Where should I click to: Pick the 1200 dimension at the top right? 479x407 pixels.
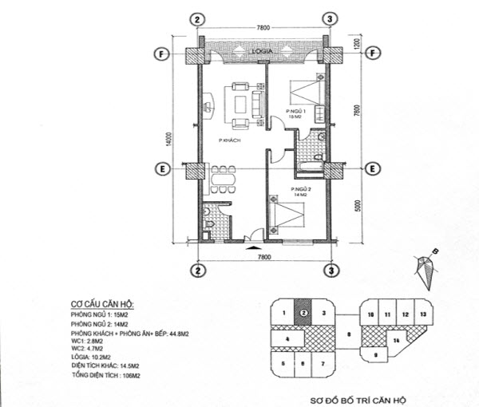(x=357, y=41)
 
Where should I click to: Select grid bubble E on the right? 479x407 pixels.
(x=370, y=168)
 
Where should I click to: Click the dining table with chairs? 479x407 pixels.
(x=218, y=181)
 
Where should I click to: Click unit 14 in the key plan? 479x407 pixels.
(x=395, y=342)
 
